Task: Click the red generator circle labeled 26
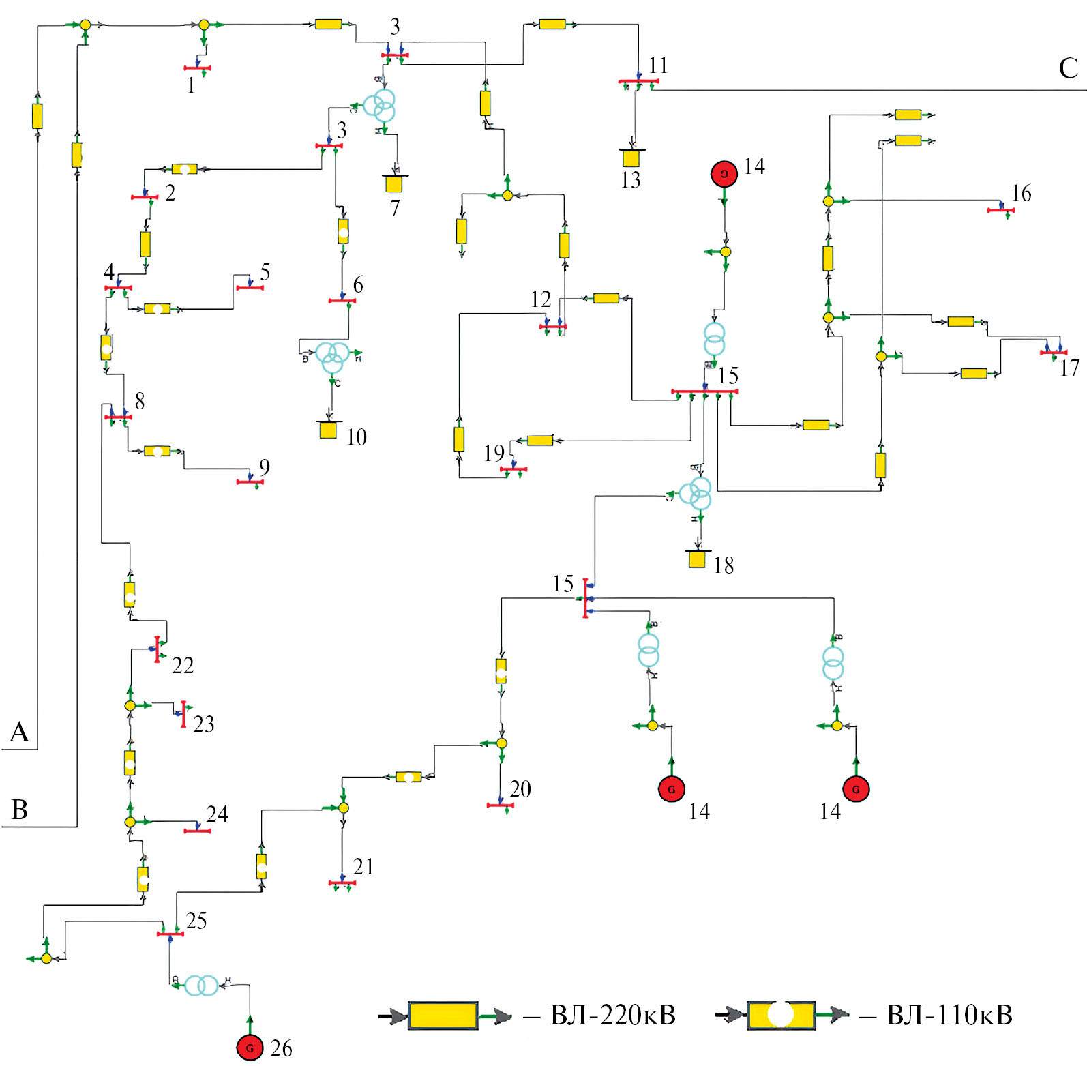[x=250, y=1047]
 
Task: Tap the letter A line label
[x=19, y=732]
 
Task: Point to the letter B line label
[x=20, y=810]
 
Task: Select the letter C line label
[x=1068, y=68]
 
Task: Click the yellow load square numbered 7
[x=393, y=184]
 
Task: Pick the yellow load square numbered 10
[x=328, y=430]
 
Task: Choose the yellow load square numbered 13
[x=631, y=158]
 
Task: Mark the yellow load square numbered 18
[x=696, y=559]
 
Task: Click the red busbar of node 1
[x=197, y=68]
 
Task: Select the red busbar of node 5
[x=250, y=288]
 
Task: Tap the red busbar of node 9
[x=250, y=482]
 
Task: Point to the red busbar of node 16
[x=1000, y=210]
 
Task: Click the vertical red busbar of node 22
[x=157, y=649]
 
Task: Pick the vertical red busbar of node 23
[x=183, y=713]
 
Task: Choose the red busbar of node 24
[x=197, y=831]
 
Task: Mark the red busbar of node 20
[x=500, y=805]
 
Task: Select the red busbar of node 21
[x=342, y=883]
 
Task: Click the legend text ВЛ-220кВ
[x=612, y=1016]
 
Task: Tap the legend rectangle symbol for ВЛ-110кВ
[x=781, y=1016]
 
